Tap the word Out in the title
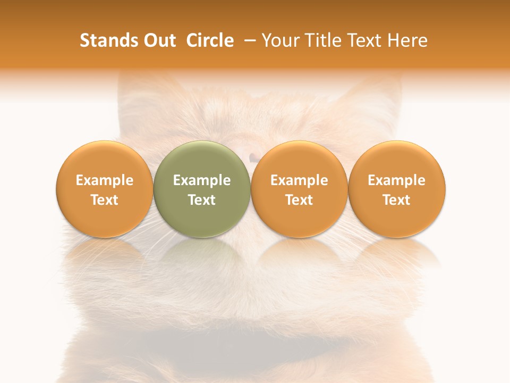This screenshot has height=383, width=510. click(x=159, y=40)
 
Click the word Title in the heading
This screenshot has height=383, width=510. click(x=321, y=40)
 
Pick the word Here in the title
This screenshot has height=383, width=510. click(x=409, y=40)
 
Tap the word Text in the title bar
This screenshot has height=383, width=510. click(x=364, y=40)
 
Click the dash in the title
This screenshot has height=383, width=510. click(x=248, y=40)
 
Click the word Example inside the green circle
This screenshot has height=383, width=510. click(x=202, y=180)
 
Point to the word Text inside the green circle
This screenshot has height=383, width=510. click(x=202, y=200)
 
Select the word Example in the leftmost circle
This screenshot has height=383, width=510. click(x=104, y=180)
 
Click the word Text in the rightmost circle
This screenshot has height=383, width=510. click(x=397, y=200)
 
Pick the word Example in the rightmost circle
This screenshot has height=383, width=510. click(x=397, y=180)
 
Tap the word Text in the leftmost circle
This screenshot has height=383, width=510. click(x=104, y=200)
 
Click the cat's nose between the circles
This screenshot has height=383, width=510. click(x=253, y=157)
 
